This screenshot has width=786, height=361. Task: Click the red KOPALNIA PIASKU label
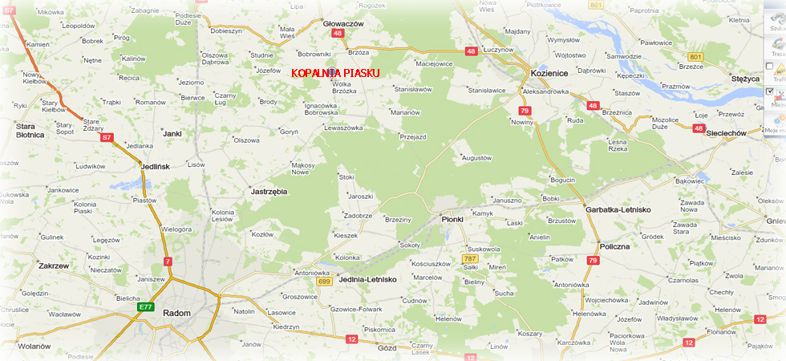[335, 72]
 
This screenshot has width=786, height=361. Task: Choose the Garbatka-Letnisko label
[618, 209]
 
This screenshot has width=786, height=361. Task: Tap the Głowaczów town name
[342, 23]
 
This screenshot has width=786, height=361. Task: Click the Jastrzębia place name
[269, 192]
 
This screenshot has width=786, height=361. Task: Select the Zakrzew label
[54, 266]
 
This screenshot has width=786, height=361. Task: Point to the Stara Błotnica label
[30, 130]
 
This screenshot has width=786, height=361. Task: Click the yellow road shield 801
[695, 56]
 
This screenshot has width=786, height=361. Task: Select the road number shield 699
[324, 282]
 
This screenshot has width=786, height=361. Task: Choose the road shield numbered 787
[469, 259]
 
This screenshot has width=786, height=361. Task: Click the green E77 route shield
[145, 306]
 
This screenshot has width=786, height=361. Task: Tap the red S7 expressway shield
[106, 137]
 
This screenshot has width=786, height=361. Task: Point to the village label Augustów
[476, 158]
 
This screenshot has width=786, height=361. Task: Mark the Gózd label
[387, 347]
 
